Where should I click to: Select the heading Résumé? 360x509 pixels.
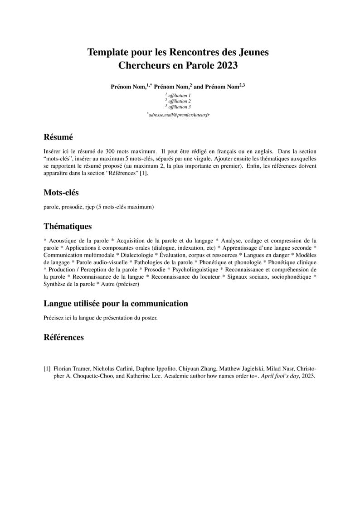58,137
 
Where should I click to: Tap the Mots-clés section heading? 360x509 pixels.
61,193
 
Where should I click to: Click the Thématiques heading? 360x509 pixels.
68,226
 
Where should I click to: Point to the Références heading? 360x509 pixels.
63,337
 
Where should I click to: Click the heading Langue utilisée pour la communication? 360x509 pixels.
116,304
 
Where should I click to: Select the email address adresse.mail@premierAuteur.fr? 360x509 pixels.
179,115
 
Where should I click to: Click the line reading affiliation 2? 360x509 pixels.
179,101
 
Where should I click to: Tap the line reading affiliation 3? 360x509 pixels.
179,107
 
